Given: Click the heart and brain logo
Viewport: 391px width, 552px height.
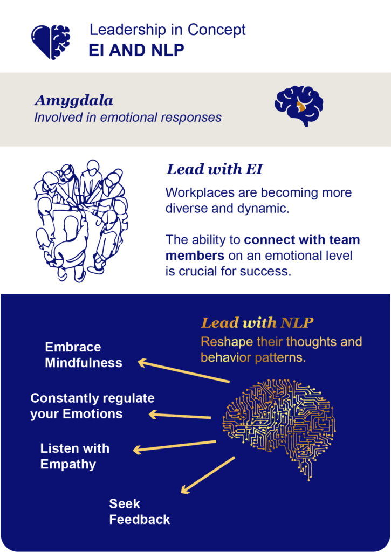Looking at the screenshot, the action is coord(50,42).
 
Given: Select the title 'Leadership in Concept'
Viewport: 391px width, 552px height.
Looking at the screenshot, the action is coord(167,30).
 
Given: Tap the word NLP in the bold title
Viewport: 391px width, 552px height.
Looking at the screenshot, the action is coord(168,50).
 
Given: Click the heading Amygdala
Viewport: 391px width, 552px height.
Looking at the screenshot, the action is coord(74,101).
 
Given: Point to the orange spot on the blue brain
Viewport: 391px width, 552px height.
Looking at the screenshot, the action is coord(301,106).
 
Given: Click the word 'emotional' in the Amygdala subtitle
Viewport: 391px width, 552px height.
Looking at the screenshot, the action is coord(128,118).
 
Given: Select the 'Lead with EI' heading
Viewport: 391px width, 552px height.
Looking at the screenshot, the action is coord(215,169).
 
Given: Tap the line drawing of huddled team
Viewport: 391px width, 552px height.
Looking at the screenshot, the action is coord(81,220).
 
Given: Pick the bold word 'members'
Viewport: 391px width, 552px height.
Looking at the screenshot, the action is coord(195,255).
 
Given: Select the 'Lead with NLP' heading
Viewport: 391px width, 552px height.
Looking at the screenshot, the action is coord(257,323).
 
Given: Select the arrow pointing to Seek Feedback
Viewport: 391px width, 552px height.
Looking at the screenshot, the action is coord(208,475).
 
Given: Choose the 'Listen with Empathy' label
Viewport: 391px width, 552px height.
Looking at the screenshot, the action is coord(74,456).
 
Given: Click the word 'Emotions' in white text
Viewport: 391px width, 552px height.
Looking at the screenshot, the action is coord(92,413).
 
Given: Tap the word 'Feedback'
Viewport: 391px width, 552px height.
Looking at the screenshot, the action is coord(140,519).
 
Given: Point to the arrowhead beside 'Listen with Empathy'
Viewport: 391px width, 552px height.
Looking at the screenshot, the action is coord(138,450).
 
